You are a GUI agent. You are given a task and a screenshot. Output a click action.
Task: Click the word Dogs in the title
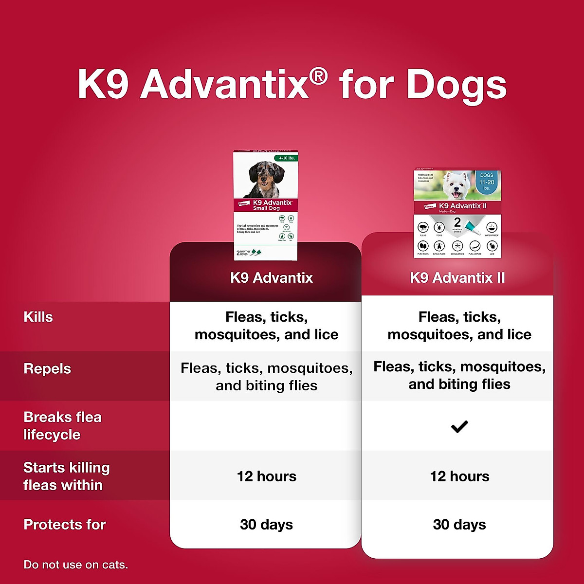456,85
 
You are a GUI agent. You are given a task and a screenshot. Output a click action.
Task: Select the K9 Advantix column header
271,278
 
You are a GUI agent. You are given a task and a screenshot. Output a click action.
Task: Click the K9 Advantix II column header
457,278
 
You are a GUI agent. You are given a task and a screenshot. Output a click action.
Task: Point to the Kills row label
38,317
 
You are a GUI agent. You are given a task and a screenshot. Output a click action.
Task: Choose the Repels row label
47,369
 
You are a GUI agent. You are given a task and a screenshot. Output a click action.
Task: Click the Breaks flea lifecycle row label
62,426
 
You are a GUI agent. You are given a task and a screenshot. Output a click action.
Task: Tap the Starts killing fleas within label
66,476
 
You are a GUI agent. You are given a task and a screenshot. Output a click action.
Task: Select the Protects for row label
64,525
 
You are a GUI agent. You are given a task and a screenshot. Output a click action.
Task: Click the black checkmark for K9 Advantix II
459,427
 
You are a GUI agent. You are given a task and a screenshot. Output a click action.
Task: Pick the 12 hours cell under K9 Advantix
266,476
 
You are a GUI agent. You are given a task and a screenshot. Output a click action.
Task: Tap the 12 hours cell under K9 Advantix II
459,476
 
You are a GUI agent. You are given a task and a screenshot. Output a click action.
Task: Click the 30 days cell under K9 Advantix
266,525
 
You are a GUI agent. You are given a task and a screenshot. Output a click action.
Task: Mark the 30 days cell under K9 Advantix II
459,525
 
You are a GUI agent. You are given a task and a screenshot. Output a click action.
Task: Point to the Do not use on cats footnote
75,565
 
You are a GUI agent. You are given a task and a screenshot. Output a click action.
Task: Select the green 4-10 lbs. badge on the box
287,158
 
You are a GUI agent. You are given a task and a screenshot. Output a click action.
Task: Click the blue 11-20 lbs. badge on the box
487,182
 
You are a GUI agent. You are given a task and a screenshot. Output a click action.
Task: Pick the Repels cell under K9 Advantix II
459,375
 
